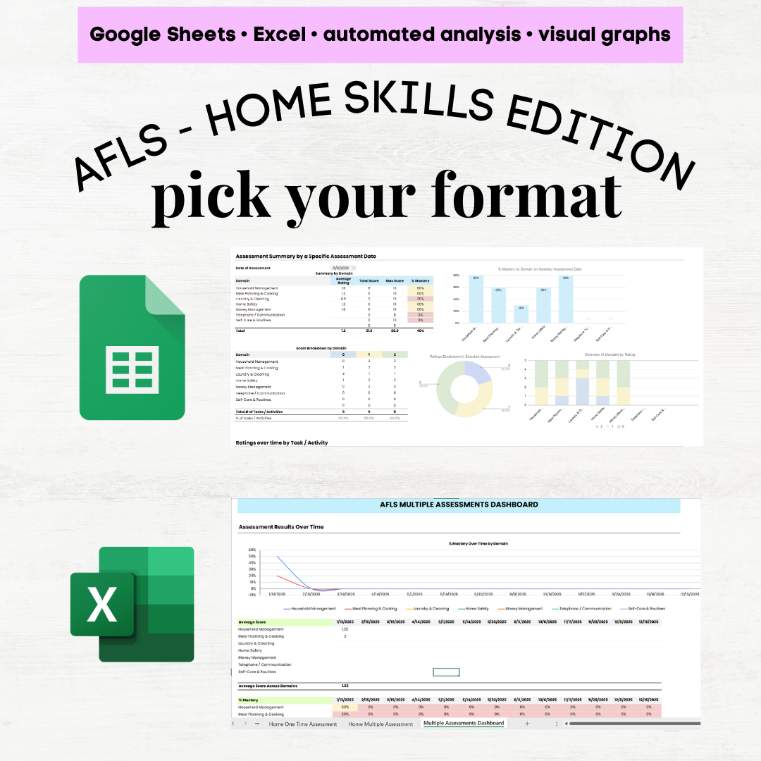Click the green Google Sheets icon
[132, 347]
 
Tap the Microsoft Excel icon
[132, 604]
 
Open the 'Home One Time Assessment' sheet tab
[303, 724]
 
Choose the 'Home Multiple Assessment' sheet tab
[380, 724]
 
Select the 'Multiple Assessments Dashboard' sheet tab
[464, 723]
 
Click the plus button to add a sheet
[526, 724]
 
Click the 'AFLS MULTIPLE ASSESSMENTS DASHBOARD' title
[459, 505]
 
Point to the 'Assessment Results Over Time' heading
[281, 526]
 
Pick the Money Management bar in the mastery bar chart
[566, 298]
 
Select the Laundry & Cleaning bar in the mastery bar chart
[521, 314]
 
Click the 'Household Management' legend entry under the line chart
[309, 609]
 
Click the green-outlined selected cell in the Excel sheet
[446, 672]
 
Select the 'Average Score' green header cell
[285, 622]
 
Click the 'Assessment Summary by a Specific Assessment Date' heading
[306, 256]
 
